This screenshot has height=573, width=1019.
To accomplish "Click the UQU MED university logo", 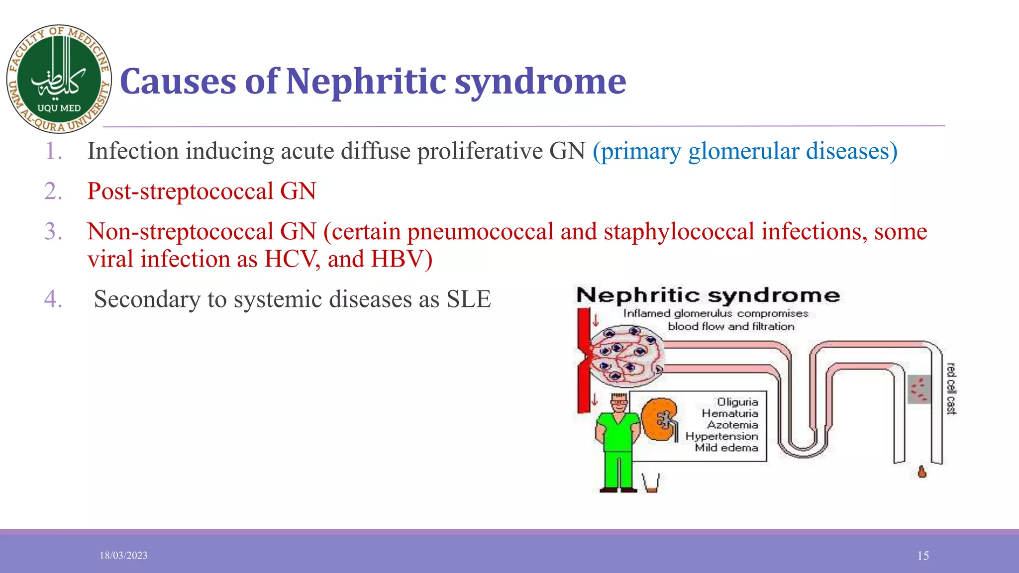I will coord(59,79).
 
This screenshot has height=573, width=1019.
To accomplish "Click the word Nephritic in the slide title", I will coord(365,82).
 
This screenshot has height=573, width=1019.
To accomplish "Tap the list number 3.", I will coord(53,232).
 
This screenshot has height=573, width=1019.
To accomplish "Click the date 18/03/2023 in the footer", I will coord(123,556).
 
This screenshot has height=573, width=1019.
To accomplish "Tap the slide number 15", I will coord(923,556).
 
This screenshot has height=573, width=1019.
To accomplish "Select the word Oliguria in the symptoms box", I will coord(737,402).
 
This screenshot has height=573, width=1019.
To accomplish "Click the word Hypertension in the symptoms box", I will coord(721,436).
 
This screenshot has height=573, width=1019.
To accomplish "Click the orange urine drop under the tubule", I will coord(922,472).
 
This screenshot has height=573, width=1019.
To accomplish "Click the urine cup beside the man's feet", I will coord(651,482).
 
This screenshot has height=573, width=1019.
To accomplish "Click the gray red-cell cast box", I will coord(919,389).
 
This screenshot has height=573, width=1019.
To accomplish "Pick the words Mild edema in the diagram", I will coord(726,448).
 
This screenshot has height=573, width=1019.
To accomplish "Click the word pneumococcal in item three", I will coord(480,232).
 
